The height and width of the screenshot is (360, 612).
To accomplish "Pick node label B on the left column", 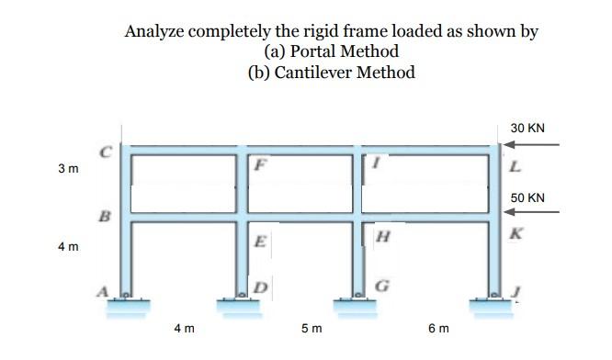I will [x=105, y=218].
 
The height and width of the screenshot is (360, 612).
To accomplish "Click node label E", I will [x=261, y=243].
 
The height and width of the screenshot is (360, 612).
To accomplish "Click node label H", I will [x=383, y=237].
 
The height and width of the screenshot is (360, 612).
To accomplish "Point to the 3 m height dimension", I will [x=67, y=169].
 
